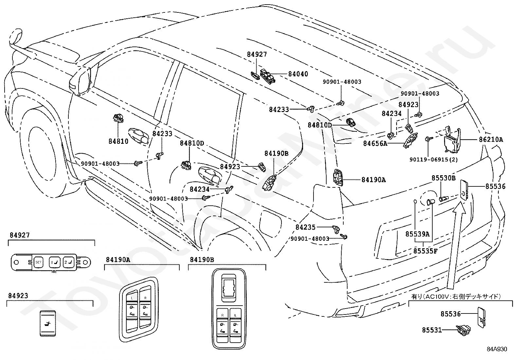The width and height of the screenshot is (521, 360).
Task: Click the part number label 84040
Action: (298, 74)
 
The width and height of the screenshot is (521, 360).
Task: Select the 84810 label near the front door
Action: (118, 141)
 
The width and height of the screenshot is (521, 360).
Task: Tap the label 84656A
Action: (375, 143)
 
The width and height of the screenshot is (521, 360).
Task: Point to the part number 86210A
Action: (491, 140)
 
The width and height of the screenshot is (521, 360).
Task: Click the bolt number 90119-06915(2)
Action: (434, 160)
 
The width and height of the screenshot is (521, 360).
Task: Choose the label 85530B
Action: (443, 178)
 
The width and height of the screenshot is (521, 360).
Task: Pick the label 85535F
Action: (425, 251)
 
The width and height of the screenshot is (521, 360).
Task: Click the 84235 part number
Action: (305, 227)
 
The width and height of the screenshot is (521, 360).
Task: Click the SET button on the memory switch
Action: (38, 262)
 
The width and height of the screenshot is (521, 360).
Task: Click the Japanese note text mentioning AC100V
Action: (456, 297)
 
